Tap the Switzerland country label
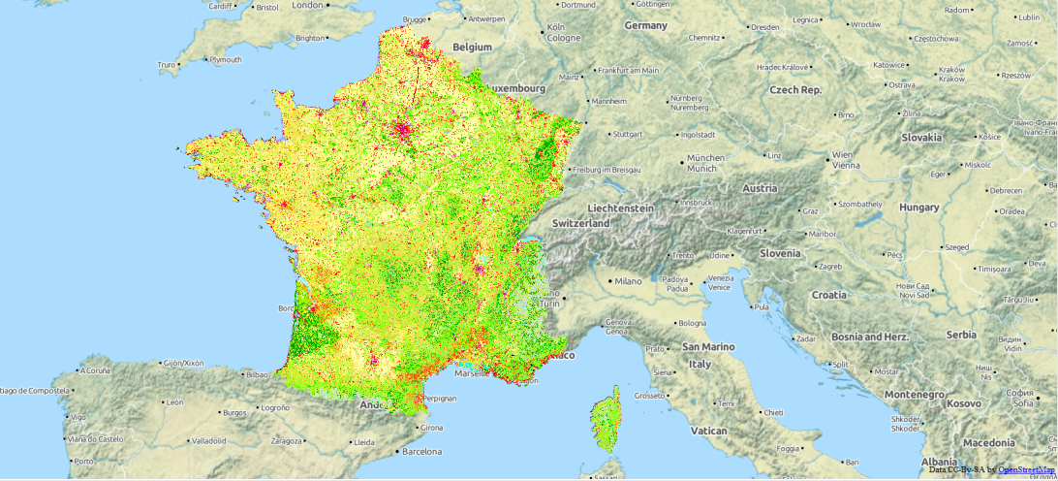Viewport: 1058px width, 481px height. coord(581,223)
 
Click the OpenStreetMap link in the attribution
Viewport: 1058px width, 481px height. coord(1027,469)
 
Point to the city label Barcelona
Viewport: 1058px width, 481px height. coord(421,451)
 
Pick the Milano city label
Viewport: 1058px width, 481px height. coord(625,281)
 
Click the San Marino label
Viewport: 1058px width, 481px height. coord(708,346)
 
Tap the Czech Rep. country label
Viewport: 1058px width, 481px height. coord(795,89)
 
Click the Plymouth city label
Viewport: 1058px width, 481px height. coord(225,60)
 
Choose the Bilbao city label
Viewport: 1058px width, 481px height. coord(257,373)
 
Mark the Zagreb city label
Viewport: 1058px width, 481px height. coord(829,266)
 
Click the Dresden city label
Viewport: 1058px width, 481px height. coord(764,27)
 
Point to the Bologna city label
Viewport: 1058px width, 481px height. coord(692,323)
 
